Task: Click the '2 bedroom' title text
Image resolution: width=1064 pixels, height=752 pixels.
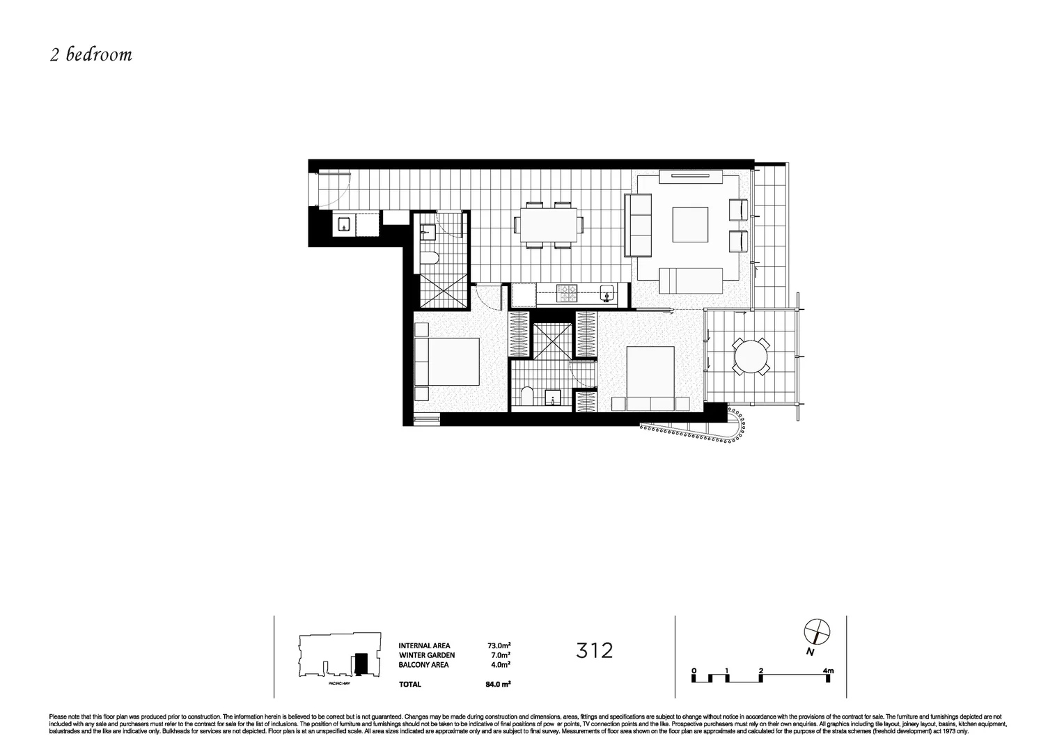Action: [x=91, y=55]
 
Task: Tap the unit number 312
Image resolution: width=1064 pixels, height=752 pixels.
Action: [x=595, y=650]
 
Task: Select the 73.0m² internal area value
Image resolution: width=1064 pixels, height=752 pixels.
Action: [x=500, y=645]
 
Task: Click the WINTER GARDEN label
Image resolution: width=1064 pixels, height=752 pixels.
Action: [x=427, y=655]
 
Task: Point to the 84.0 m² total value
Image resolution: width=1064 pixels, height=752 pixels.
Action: [x=499, y=684]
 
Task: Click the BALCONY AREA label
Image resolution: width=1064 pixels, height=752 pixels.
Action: [x=423, y=665]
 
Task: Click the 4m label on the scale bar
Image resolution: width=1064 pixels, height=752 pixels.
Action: [x=828, y=671]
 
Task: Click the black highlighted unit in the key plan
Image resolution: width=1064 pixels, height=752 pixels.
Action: [x=360, y=662]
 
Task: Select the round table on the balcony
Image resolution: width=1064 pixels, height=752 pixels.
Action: [x=752, y=357]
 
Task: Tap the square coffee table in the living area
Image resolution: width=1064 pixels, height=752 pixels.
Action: [x=689, y=224]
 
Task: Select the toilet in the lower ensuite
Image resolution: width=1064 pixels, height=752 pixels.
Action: [x=527, y=396]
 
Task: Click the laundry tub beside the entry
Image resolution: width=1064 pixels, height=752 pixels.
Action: [x=343, y=224]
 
